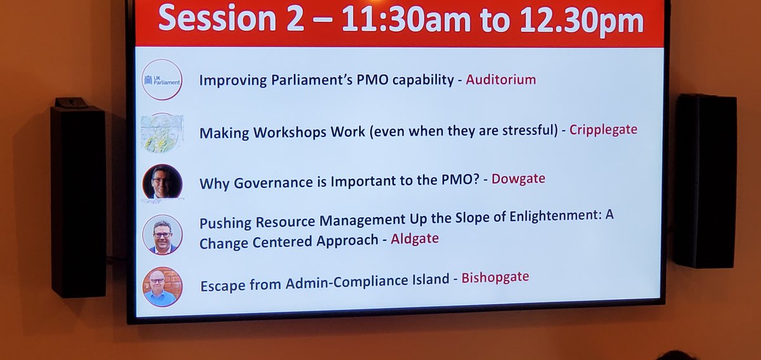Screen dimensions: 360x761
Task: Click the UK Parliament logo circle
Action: [162, 80]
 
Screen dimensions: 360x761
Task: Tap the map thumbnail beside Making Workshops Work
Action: [162, 133]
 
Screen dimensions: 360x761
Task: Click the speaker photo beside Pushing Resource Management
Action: [162, 235]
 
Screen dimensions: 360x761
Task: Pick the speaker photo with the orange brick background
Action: [162, 286]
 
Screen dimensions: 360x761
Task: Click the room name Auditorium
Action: [501, 80]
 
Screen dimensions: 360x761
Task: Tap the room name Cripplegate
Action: [603, 130]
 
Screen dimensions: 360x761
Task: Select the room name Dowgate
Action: [519, 179]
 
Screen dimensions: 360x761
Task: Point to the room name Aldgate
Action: [415, 239]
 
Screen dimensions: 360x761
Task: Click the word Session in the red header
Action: [213, 20]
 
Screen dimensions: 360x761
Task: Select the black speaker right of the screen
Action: [705, 181]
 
